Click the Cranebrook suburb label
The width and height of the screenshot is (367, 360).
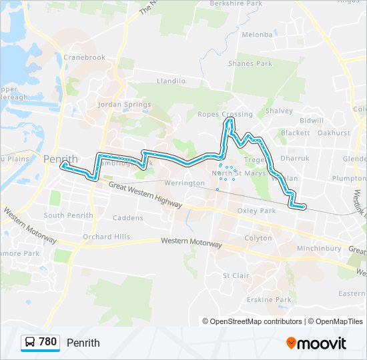(85, 57)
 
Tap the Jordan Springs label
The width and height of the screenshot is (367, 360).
(124, 105)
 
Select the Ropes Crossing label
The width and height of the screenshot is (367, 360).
(225, 115)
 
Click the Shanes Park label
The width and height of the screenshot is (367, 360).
(250, 64)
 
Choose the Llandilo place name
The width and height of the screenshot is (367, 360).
(170, 81)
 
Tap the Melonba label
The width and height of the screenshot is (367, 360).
(258, 35)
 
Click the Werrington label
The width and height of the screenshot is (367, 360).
(184, 183)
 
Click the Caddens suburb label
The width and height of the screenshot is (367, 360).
(128, 218)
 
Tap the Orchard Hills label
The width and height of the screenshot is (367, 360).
(107, 237)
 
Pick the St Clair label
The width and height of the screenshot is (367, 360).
(236, 275)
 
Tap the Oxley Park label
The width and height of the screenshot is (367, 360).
(256, 211)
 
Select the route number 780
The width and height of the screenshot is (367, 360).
(48, 342)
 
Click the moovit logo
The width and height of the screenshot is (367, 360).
(316, 343)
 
